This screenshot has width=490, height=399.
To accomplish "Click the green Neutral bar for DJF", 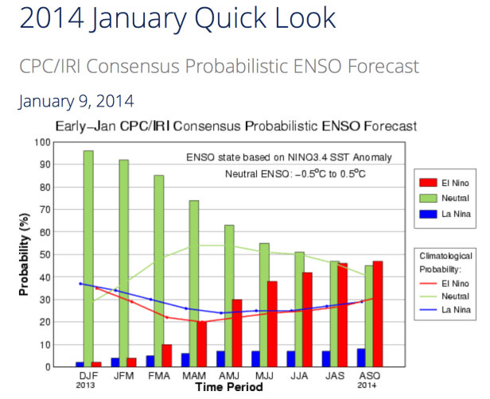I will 88,258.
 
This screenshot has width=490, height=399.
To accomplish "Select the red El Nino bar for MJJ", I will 272,323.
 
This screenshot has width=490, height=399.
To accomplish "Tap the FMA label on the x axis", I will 159,374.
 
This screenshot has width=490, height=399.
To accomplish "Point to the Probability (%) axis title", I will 25,254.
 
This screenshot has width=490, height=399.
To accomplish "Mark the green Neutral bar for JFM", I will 123,263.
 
